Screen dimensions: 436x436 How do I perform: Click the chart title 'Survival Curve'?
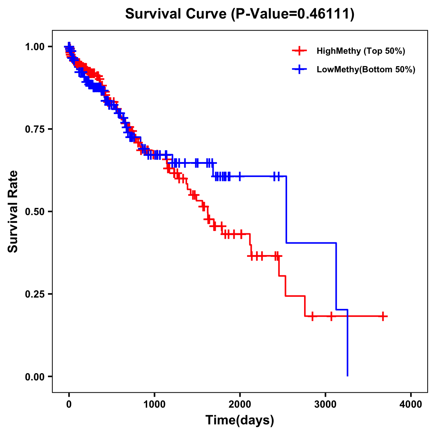177,14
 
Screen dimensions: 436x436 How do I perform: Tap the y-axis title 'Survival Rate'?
13,211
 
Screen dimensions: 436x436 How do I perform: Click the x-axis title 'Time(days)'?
240,420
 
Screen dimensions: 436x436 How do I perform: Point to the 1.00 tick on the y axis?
35,47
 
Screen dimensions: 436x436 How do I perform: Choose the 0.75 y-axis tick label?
35,129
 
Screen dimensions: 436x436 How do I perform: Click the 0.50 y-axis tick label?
35,211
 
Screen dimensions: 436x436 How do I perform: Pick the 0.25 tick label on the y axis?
35,294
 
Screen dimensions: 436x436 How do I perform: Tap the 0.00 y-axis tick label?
35,376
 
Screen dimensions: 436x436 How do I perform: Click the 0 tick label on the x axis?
69,404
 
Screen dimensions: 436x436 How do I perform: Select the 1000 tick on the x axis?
154,404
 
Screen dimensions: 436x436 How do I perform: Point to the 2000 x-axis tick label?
240,404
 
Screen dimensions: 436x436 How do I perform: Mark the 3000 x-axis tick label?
326,404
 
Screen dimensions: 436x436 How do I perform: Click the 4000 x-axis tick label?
411,404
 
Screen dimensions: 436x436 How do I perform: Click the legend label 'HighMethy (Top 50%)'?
361,51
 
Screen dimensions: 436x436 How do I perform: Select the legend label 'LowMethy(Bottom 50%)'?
366,69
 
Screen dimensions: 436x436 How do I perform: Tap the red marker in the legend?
299,51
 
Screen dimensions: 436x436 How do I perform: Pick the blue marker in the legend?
299,69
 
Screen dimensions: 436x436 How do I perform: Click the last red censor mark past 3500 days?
383,316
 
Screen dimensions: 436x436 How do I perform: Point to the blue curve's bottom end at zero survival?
348,375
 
